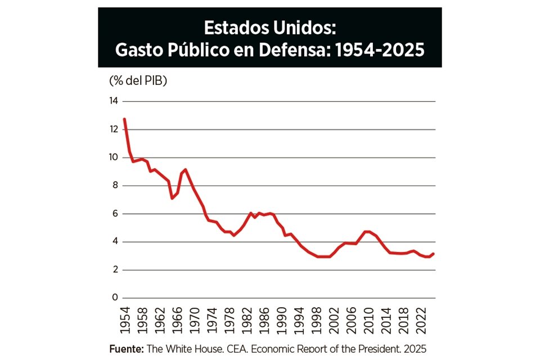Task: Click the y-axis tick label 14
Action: (x=114, y=101)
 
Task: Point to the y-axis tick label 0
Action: (x=115, y=298)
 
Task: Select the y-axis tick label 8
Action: (x=115, y=186)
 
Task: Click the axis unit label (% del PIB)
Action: (x=138, y=80)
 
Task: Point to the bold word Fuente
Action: (x=126, y=349)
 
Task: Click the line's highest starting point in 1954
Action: (x=124, y=119)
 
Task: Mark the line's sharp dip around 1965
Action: (x=172, y=198)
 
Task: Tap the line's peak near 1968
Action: (x=185, y=169)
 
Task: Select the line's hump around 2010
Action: (x=367, y=231)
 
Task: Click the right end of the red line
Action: (x=434, y=254)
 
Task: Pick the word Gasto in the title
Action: (x=137, y=50)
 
